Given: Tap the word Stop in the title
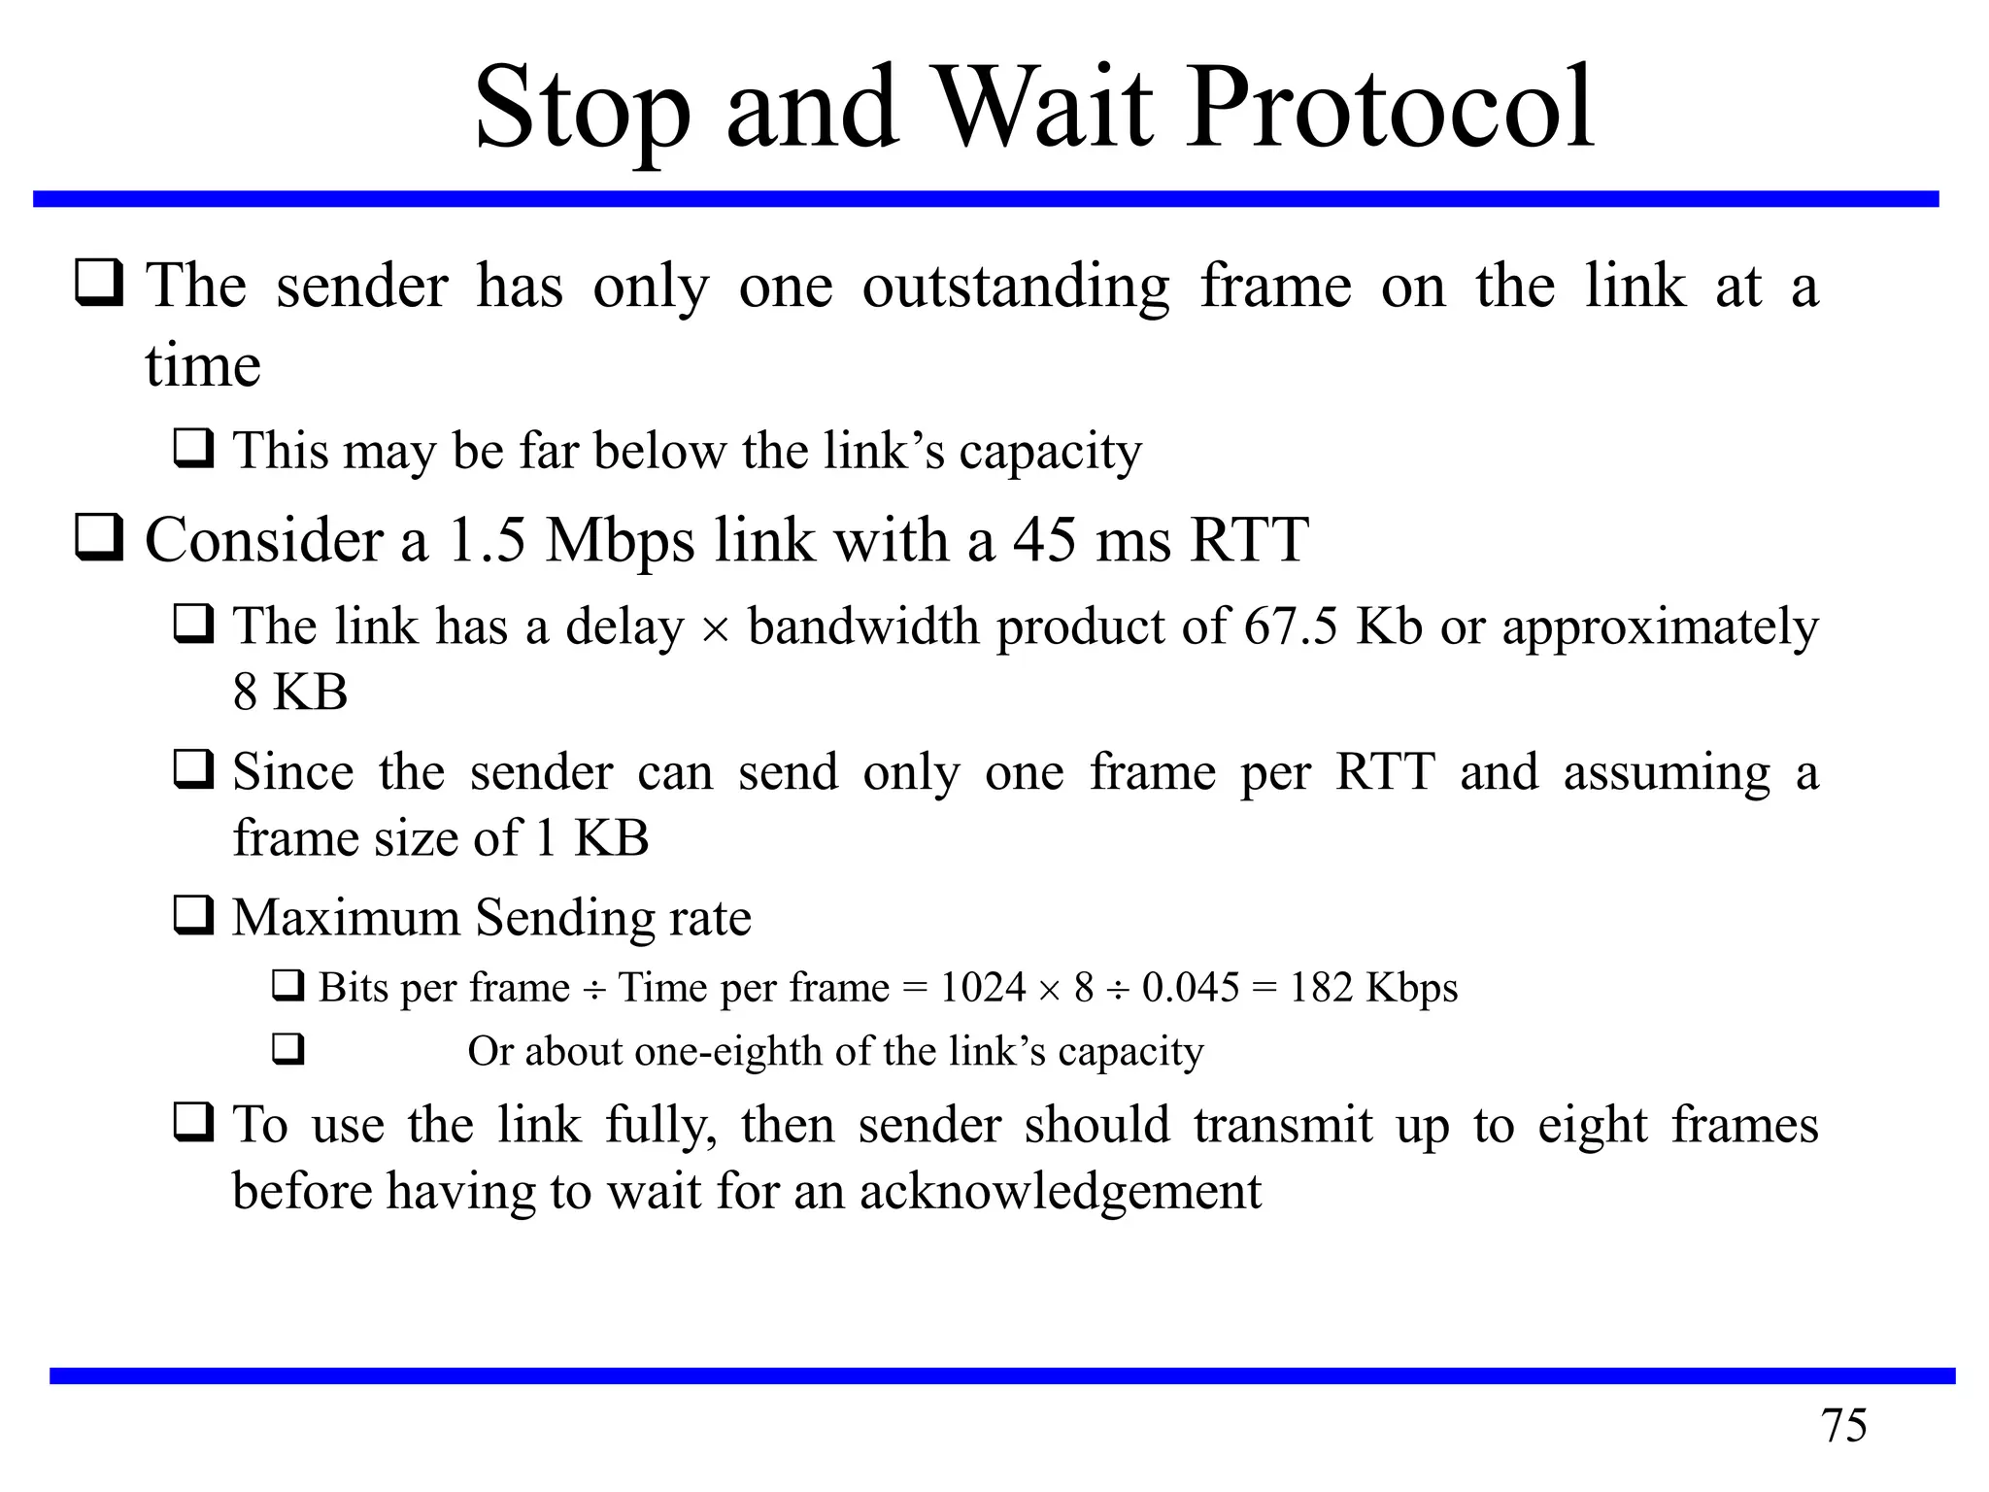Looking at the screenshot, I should pyautogui.click(x=581, y=109).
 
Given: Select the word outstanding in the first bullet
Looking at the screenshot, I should pyautogui.click(x=1016, y=288).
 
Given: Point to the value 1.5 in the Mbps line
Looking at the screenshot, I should pyautogui.click(x=487, y=540).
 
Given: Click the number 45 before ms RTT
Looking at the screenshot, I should pyautogui.click(x=1045, y=540).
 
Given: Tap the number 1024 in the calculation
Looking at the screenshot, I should pyautogui.click(x=983, y=988).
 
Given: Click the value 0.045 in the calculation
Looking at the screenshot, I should pyautogui.click(x=1191, y=988).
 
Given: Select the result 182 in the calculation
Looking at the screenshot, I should pyautogui.click(x=1321, y=988).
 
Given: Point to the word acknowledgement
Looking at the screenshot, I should pyautogui.click(x=1060, y=1192).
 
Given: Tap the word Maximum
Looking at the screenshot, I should pyautogui.click(x=346, y=918).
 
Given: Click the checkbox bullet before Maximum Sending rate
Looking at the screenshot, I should pyautogui.click(x=193, y=916).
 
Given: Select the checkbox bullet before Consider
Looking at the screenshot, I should pyautogui.click(x=99, y=538).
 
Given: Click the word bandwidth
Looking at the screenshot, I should pyautogui.click(x=862, y=627).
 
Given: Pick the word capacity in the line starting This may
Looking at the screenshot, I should pyautogui.click(x=1050, y=452).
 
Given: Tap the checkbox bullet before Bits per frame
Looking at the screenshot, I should pyautogui.click(x=287, y=987).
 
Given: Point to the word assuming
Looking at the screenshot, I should pyautogui.click(x=1667, y=773).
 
